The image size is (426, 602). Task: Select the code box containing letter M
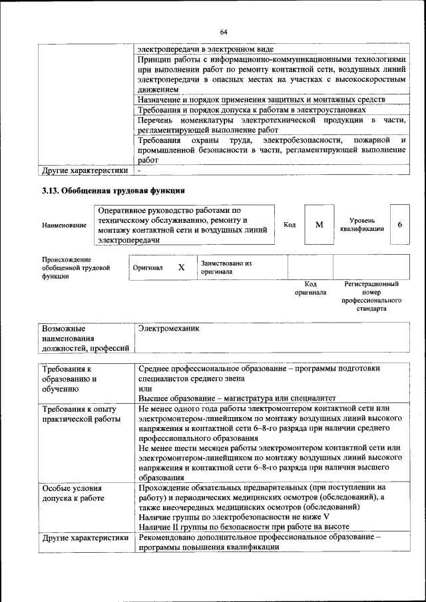coord(319,225)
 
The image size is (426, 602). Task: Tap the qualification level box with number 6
coord(399,225)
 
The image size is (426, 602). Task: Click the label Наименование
coord(64,226)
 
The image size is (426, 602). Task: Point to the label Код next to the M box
coord(290,225)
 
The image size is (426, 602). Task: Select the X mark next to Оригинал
coord(181,267)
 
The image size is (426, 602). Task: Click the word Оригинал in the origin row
coord(148,267)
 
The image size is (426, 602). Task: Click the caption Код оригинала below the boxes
coord(310,288)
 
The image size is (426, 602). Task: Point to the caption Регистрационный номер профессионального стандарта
coord(371,296)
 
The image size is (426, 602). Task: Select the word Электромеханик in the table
coord(168,329)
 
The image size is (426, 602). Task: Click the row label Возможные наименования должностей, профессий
coord(85,339)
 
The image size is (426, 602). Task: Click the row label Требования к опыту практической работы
coord(80,413)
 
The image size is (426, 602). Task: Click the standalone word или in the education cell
coord(145,388)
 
